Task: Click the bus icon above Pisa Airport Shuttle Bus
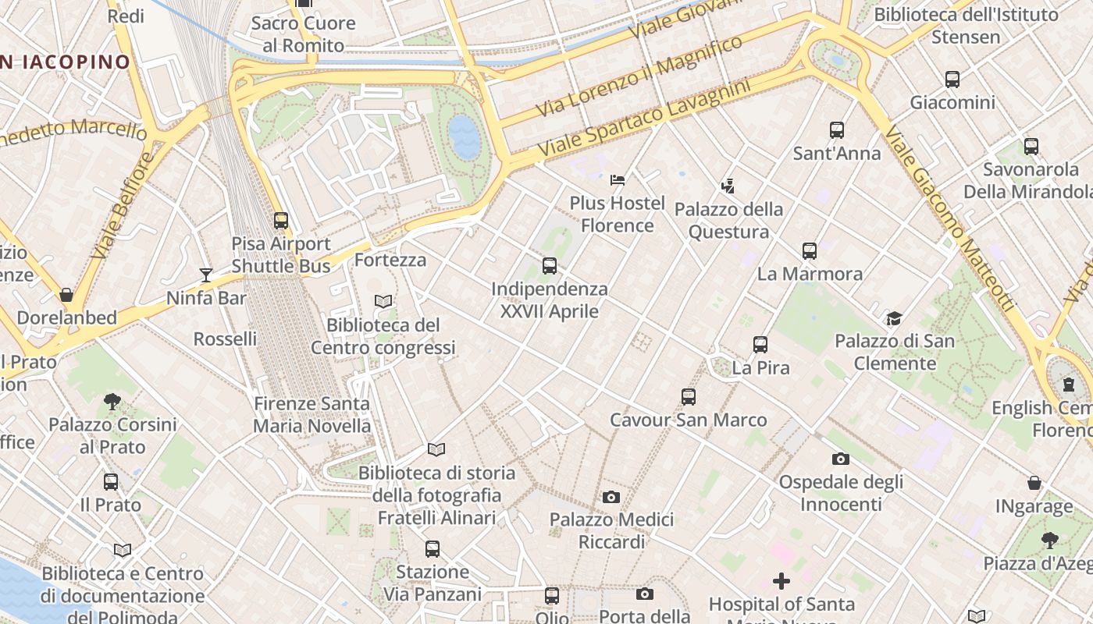pos(281,221)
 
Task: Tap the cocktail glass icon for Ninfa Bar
pos(206,275)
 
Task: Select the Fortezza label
pos(390,260)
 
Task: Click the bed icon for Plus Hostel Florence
pos(618,180)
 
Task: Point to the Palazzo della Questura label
pos(728,221)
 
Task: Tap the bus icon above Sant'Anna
pos(837,130)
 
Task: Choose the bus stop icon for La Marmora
pos(810,251)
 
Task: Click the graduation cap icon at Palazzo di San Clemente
pos(894,318)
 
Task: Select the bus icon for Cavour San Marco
pos(689,397)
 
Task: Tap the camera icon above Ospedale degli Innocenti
pos(841,459)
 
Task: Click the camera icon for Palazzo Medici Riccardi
pos(611,497)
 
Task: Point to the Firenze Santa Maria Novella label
pos(312,415)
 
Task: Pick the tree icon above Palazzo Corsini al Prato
pos(112,402)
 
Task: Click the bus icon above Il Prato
pos(111,482)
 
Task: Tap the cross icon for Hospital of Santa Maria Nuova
pos(781,581)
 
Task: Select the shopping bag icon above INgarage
pos(1034,484)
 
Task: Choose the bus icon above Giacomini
pos(952,80)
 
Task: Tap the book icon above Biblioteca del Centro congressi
pos(383,302)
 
